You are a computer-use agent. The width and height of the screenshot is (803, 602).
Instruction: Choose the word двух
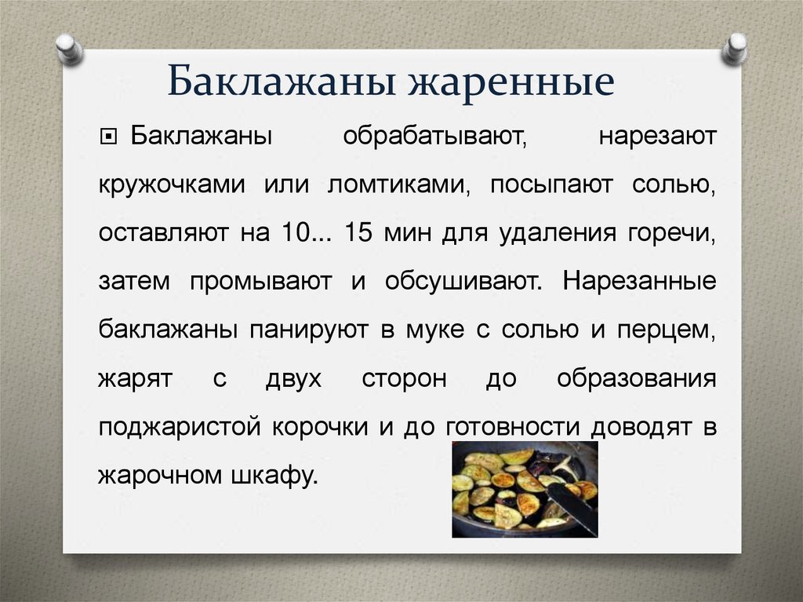click(x=293, y=378)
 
